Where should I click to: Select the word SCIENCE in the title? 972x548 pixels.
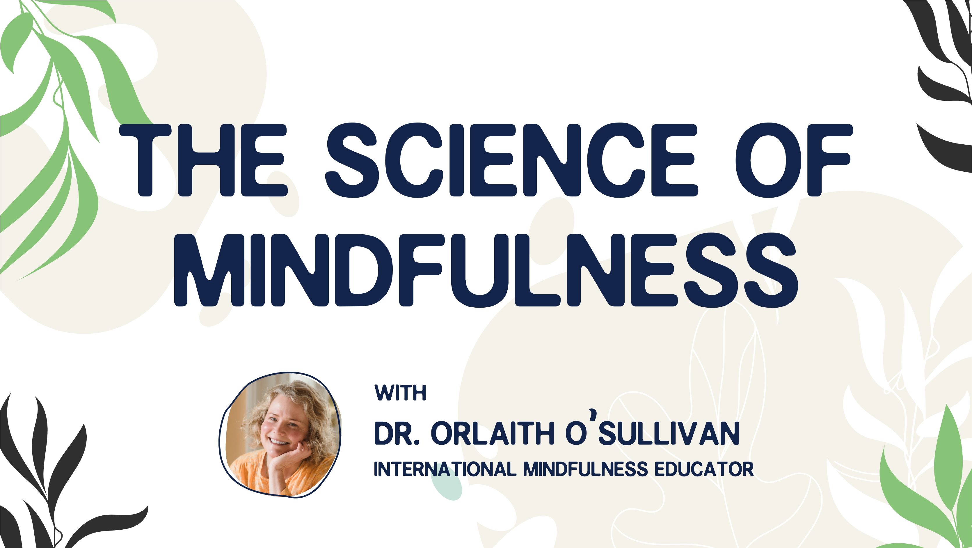coord(511,160)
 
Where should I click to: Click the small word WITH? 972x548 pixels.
coord(400,393)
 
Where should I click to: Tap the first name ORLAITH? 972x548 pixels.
coord(493,434)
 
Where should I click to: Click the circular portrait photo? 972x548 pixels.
coord(280,435)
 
